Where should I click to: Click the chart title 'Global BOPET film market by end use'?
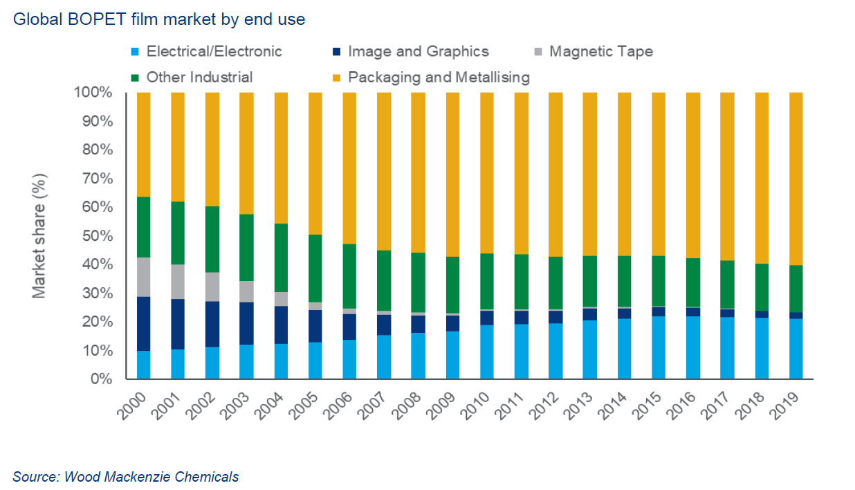tap(158, 19)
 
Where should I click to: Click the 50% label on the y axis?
tap(99, 236)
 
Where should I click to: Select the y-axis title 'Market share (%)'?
tap(39, 236)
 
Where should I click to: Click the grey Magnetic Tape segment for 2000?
tap(143, 277)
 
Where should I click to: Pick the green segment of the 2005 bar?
tap(315, 269)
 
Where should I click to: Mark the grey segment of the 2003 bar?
tap(246, 291)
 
